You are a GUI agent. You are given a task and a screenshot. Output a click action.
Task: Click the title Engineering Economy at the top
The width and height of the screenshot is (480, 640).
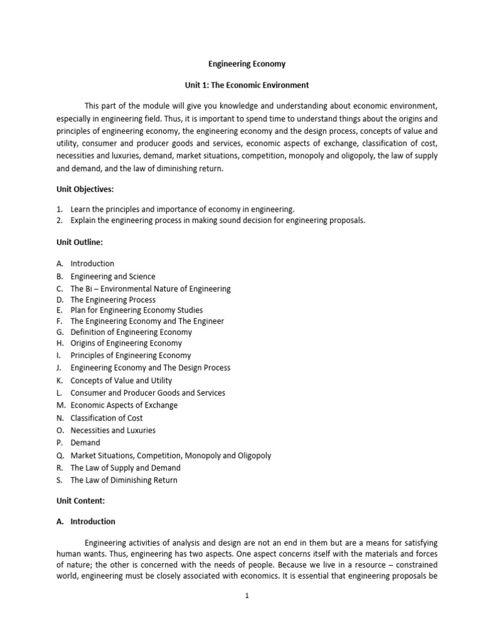[246, 64]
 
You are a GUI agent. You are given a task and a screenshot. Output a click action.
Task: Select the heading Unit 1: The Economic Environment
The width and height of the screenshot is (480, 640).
[246, 84]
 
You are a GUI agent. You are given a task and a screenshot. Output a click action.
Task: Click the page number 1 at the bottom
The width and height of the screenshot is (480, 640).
[247, 596]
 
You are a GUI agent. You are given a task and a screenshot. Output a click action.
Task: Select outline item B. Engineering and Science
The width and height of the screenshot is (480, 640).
[112, 276]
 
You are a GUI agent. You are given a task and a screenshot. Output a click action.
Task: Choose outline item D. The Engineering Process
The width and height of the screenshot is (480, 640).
[112, 299]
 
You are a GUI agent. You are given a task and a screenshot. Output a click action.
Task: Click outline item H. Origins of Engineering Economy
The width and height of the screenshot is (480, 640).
[126, 342]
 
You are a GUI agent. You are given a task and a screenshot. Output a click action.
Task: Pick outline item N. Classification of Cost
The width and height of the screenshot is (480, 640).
[106, 417]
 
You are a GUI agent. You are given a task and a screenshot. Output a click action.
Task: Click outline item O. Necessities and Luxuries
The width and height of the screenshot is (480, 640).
[112, 430]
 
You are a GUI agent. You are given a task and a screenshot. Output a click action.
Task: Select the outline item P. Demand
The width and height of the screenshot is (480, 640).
[85, 442]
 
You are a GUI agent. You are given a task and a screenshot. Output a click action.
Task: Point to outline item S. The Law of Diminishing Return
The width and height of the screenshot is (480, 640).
[123, 480]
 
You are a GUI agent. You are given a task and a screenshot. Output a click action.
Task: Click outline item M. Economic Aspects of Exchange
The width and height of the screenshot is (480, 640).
[124, 405]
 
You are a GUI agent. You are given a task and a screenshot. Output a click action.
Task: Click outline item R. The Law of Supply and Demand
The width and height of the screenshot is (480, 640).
[125, 467]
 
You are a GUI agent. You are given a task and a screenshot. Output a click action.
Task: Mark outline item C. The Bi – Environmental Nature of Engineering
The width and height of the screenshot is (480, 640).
[150, 289]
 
